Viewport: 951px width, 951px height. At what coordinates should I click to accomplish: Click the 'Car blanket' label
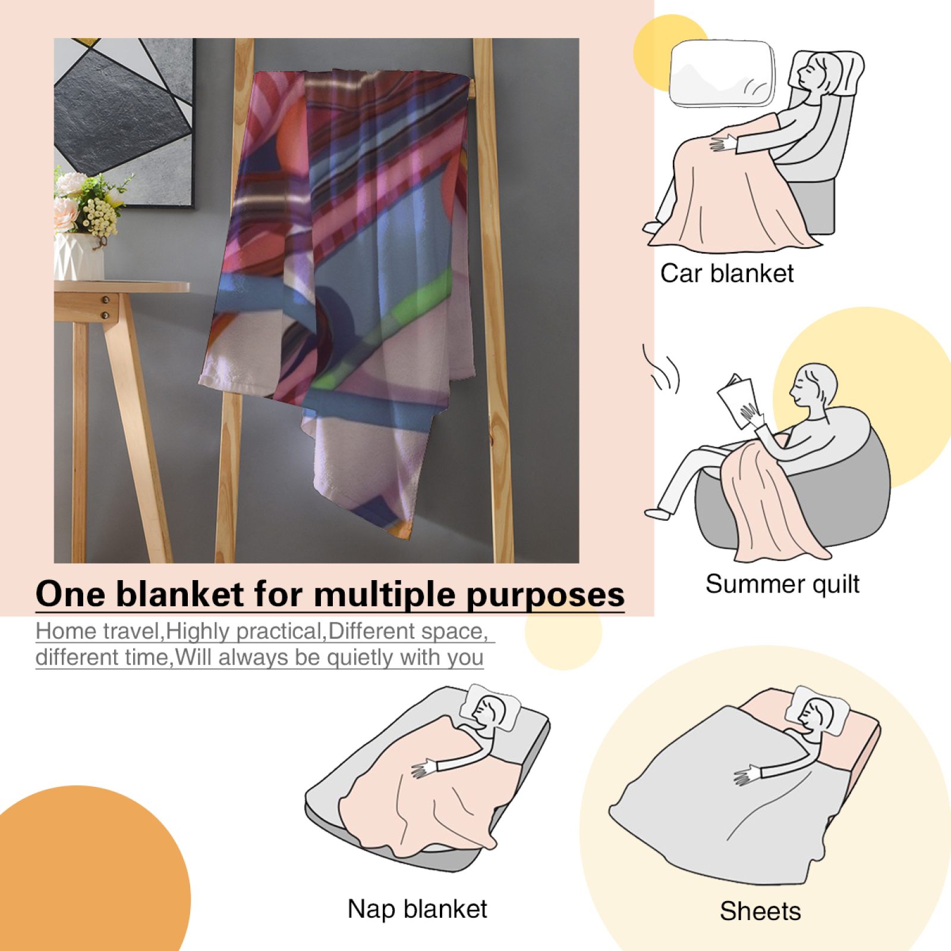coord(727,273)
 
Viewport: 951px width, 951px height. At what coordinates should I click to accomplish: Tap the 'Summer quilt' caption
coord(782,584)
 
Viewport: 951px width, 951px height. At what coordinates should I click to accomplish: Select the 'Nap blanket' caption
coord(417,909)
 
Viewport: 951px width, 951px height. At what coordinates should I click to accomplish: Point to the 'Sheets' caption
coord(760,911)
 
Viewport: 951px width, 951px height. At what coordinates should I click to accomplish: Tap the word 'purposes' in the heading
coord(545,596)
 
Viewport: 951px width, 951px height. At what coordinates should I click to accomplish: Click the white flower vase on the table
coord(78,256)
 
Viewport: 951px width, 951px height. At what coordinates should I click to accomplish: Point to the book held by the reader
coord(736,399)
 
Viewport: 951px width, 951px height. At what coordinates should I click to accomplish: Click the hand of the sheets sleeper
coord(747,775)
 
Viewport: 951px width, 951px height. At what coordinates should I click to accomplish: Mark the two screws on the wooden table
coord(106,307)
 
